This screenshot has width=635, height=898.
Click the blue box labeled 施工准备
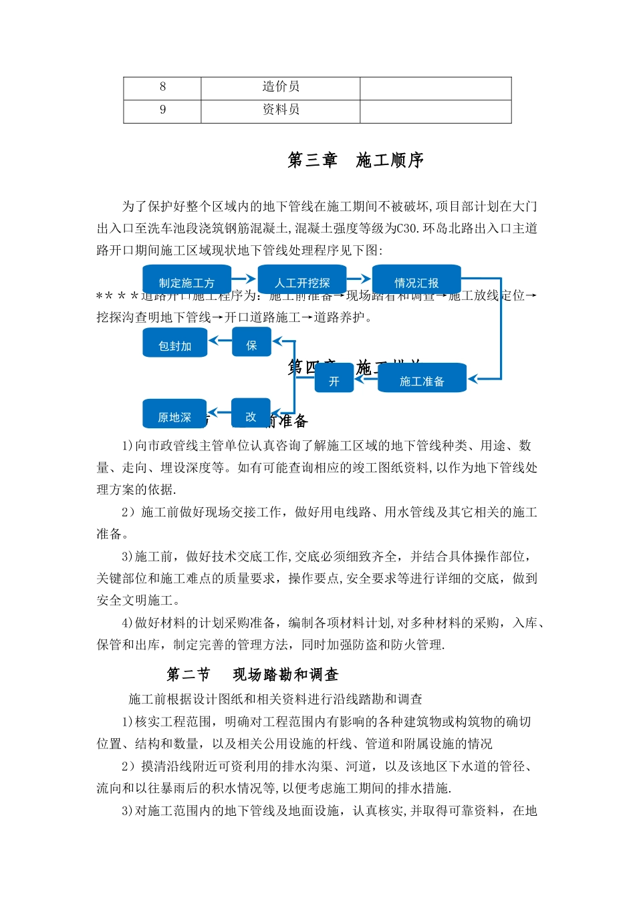pyautogui.click(x=422, y=379)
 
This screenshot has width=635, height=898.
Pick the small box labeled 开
pyautogui.click(x=334, y=380)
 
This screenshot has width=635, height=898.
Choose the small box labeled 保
pyautogui.click(x=251, y=343)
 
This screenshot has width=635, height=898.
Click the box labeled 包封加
pyautogui.click(x=174, y=343)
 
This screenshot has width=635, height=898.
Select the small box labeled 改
pyautogui.click(x=251, y=414)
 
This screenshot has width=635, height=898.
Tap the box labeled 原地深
pyautogui.click(x=174, y=415)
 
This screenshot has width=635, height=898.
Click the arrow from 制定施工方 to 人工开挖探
pyautogui.click(x=243, y=279)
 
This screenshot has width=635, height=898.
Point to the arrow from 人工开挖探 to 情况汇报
pyautogui.click(x=360, y=279)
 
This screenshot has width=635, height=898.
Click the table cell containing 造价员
pyautogui.click(x=281, y=88)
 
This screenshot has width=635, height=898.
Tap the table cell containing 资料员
pyautogui.click(x=281, y=110)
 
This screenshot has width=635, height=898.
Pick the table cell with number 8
pyautogui.click(x=162, y=88)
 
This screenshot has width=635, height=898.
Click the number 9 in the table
pyautogui.click(x=162, y=110)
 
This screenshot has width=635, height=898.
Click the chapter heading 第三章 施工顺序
pyautogui.click(x=356, y=160)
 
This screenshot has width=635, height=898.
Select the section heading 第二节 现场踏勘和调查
pyautogui.click(x=253, y=675)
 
